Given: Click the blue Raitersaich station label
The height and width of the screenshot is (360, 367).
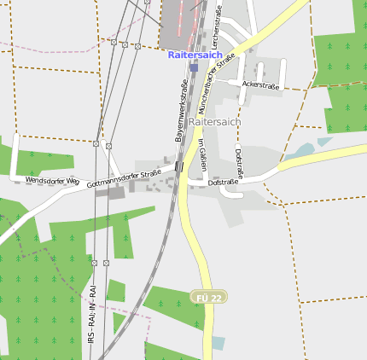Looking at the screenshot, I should point(195,55).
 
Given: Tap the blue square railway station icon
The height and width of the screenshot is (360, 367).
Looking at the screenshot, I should point(195,67).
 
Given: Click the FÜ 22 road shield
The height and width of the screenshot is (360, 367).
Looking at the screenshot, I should point(208,297).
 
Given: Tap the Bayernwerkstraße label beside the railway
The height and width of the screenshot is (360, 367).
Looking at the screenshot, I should point(181,111).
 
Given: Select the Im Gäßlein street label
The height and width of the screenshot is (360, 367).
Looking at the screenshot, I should point(203,154).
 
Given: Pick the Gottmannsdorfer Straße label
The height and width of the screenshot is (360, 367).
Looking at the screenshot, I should point(124,177).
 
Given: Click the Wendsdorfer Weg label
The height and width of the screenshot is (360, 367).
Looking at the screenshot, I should point(53,181).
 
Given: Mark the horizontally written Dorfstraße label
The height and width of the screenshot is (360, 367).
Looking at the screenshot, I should point(223,182).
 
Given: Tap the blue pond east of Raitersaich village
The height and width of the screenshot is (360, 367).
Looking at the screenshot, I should point(302,151).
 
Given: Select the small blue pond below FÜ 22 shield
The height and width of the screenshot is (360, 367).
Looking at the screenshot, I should point(218,343).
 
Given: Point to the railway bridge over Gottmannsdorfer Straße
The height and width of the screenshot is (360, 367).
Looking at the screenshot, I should point(178,166).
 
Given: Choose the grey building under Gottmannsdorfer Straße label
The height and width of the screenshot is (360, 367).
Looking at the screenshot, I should point(111,192).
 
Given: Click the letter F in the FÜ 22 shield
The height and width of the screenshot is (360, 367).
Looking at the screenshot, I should point(200,297).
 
